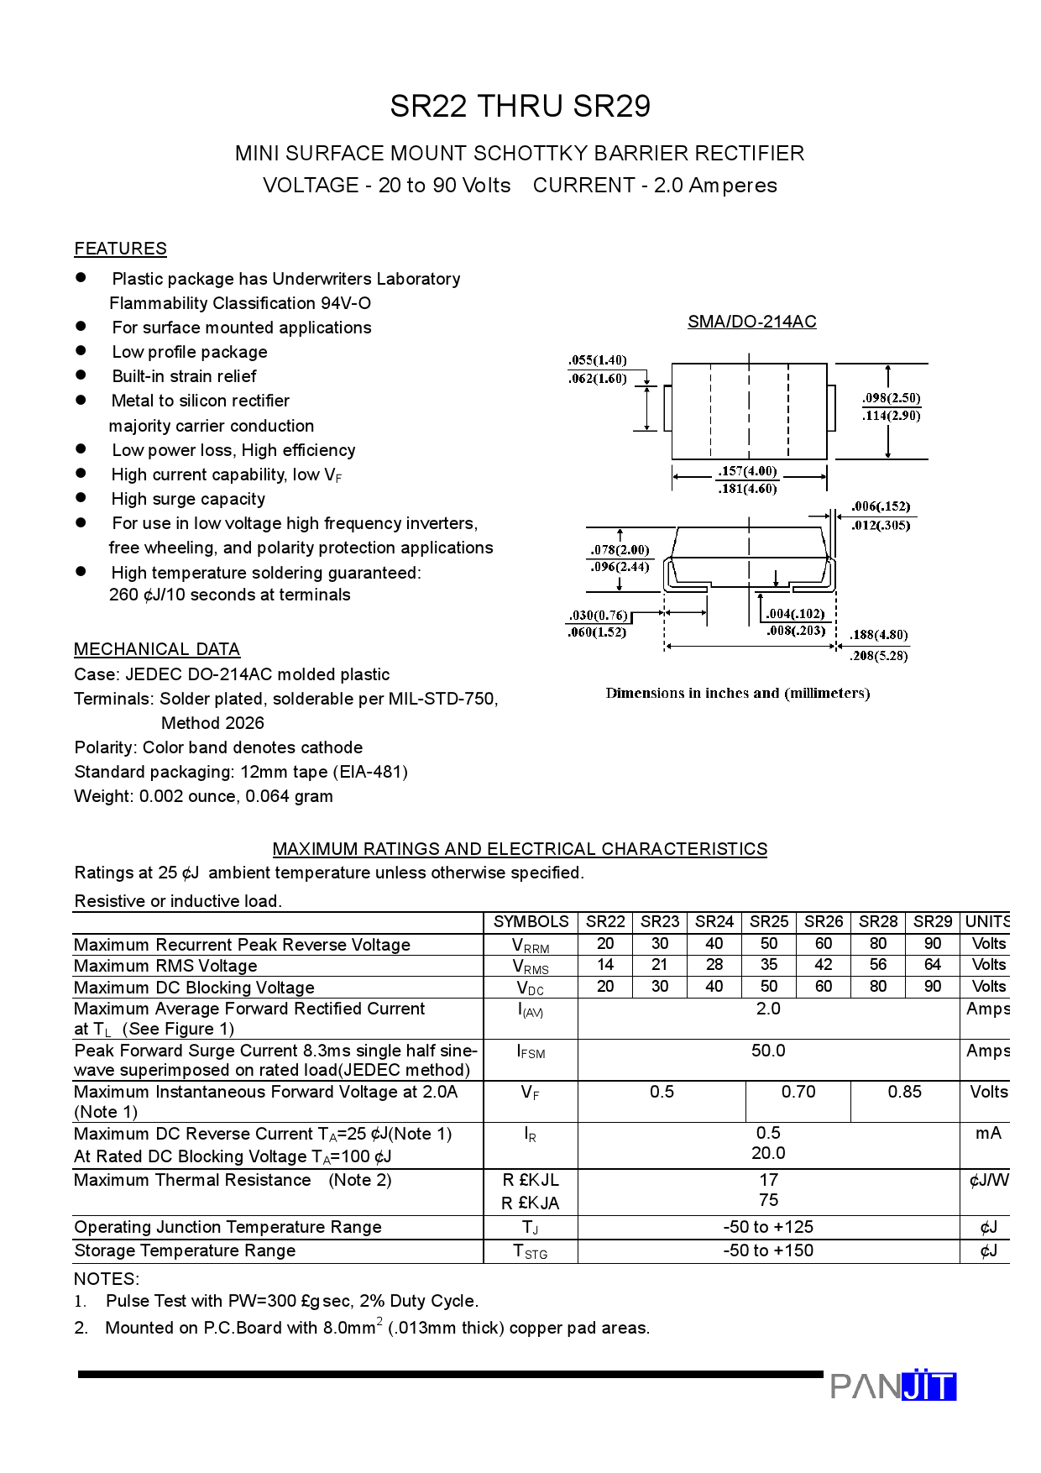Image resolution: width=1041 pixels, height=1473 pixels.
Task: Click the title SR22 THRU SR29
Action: pos(520,107)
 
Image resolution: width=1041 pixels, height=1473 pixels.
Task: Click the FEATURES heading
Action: pos(120,249)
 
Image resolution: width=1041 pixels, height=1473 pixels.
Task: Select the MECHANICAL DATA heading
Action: pos(157,649)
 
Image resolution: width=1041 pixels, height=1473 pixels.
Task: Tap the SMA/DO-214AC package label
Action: pos(751,322)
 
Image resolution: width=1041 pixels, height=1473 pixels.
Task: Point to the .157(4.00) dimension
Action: pos(747,471)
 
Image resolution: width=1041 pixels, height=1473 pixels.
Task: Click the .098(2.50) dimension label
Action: pos(891,398)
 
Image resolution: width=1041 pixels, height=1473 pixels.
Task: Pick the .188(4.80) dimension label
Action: pos(878,635)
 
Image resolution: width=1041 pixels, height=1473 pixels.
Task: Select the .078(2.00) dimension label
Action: pos(620,550)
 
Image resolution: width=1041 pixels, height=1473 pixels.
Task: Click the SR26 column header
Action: pos(823,922)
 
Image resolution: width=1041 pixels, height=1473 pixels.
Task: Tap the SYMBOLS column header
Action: pos(531,922)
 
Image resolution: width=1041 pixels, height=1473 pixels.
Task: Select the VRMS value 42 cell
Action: pos(823,965)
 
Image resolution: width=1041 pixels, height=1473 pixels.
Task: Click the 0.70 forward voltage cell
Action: pos(798,1092)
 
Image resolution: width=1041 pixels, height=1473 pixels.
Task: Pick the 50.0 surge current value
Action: pos(768,1051)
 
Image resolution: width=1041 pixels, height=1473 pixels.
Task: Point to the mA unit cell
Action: pos(987,1134)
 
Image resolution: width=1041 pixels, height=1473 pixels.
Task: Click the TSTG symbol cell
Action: pos(531,1251)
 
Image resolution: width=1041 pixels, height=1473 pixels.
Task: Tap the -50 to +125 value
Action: pos(768,1227)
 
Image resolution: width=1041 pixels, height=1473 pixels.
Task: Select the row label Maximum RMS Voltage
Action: pos(165,966)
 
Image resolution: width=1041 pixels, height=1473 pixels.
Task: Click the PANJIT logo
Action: pos(892,1386)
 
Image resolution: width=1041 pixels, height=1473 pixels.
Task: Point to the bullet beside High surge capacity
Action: pos(81,498)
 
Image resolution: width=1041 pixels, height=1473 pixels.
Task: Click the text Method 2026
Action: pos(212,723)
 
